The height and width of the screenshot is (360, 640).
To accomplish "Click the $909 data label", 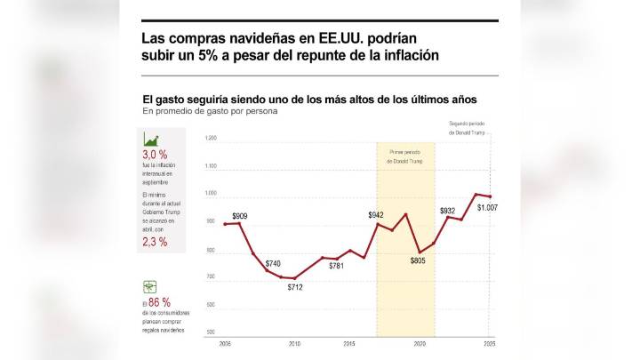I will point(240,216).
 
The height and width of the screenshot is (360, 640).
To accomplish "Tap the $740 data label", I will point(272,264).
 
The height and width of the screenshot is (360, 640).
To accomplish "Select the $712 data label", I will point(295,286).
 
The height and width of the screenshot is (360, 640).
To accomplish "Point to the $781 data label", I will point(336,266).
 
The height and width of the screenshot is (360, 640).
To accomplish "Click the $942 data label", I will point(376,215).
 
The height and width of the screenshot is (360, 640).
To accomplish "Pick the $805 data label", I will point(418,261).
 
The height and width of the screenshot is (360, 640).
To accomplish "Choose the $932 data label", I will point(448,211).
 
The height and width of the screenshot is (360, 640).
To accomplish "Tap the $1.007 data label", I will point(487,207).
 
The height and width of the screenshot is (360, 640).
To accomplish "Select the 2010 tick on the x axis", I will point(294,343).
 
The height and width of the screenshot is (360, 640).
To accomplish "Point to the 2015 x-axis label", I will point(350,343).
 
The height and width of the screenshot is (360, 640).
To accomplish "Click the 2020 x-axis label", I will point(420,343).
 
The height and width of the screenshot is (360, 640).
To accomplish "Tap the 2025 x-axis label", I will point(490,343).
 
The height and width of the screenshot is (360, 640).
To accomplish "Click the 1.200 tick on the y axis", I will point(211,139).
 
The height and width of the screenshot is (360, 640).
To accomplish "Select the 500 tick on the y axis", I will point(211,332).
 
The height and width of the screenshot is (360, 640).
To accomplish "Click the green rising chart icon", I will point(151,140).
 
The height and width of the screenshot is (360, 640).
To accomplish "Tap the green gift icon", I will point(150,286).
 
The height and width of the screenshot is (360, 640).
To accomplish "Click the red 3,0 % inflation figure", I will point(156,155).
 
